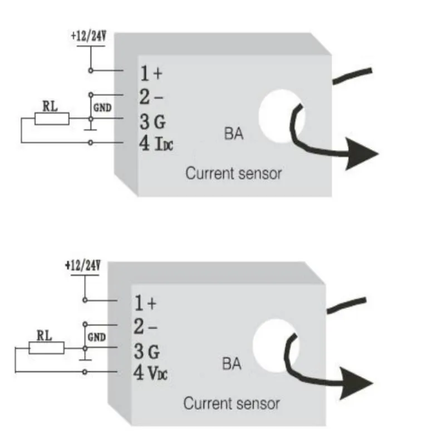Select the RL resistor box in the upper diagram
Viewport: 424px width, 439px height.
click(52, 118)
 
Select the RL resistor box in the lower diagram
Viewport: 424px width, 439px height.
click(47, 348)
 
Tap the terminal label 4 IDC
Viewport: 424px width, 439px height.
click(155, 144)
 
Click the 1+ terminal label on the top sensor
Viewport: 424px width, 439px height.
click(150, 73)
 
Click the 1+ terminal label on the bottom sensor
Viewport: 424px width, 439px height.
click(145, 303)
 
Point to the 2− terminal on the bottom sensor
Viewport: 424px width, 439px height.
click(146, 327)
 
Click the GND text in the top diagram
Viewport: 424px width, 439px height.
click(102, 108)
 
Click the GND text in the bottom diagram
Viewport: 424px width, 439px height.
click(97, 337)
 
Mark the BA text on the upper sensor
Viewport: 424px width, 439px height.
click(234, 134)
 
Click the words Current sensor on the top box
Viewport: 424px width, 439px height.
click(234, 173)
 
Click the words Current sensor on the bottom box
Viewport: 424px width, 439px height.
click(231, 403)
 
